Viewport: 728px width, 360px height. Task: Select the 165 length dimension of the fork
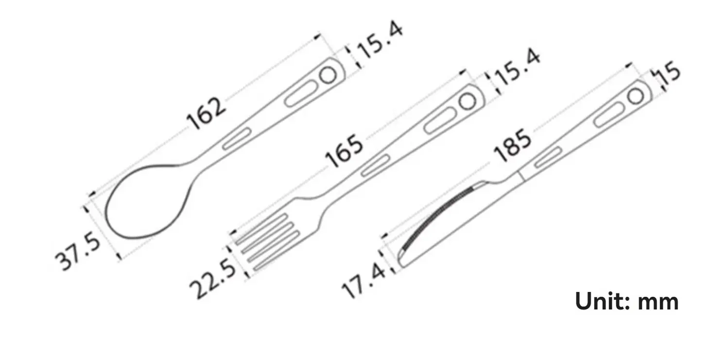pyautogui.click(x=344, y=151)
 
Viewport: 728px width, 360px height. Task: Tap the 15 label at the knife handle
pyautogui.click(x=667, y=75)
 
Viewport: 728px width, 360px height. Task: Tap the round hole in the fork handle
pyautogui.click(x=467, y=102)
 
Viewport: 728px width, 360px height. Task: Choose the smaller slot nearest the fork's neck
pyautogui.click(x=375, y=165)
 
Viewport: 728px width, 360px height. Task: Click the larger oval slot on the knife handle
pyautogui.click(x=607, y=116)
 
